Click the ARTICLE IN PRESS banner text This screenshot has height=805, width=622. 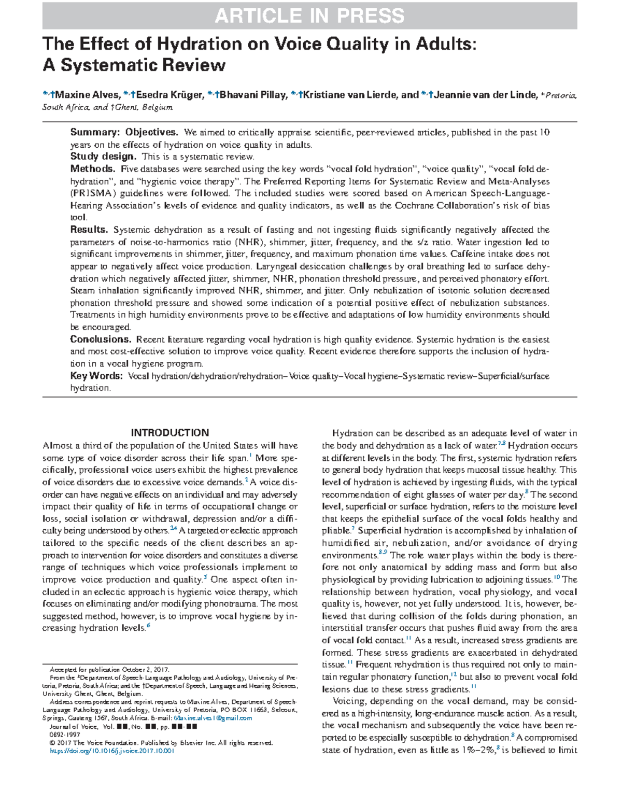click(x=309, y=16)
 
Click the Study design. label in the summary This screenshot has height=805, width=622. click(x=104, y=157)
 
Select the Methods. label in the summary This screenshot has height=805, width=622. click(x=93, y=169)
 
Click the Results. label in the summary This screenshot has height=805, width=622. click(x=89, y=230)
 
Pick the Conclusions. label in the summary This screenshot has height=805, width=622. click(x=101, y=340)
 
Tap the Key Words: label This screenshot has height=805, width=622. click(x=96, y=376)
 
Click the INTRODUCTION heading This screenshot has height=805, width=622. click(x=169, y=433)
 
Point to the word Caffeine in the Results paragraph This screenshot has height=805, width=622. click(x=466, y=254)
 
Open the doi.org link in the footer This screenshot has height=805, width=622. click(x=111, y=751)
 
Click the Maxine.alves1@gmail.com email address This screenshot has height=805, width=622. click(x=213, y=718)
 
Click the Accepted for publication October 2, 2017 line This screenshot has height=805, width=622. click(x=109, y=669)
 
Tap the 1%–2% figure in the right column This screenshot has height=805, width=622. click(x=477, y=750)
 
